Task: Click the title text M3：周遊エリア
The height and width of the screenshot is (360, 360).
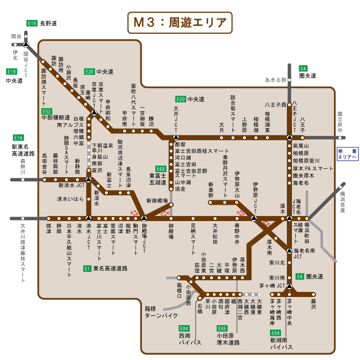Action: [x=180, y=23]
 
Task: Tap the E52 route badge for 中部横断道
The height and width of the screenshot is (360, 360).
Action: [x=47, y=111]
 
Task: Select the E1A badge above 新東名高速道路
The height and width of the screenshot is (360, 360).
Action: [x=19, y=137]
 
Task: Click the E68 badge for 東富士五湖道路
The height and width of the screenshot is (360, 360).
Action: [x=161, y=169]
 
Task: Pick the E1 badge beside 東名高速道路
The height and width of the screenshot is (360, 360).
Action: [x=87, y=268]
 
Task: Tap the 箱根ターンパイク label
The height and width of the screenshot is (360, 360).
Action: [x=161, y=312]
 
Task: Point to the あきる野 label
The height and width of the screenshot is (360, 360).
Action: [x=276, y=80]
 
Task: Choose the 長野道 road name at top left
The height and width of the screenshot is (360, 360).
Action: [x=48, y=23]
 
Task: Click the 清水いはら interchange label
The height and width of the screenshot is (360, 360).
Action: [x=70, y=199]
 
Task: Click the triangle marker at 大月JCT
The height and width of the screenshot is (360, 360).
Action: [x=175, y=137]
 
